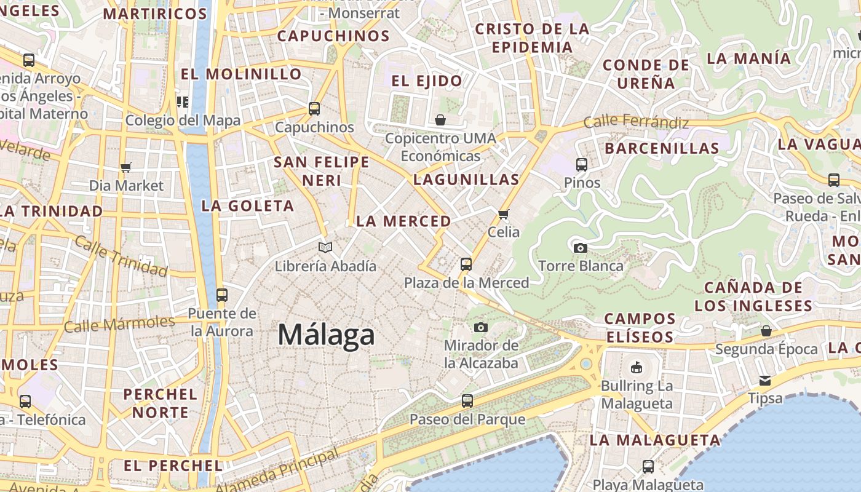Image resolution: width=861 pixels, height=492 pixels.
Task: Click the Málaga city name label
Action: pos(326,335)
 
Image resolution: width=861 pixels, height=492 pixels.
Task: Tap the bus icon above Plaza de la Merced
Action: pos(466,264)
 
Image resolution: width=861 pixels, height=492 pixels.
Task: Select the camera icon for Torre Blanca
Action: pos(580,248)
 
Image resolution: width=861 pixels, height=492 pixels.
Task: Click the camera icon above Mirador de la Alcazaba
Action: pos(481,327)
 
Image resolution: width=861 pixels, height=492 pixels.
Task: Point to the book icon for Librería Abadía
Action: pos(325,247)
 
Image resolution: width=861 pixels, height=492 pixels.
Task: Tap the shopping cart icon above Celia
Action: pos(504,214)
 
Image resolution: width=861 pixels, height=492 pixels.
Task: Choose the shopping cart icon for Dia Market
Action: pos(126,167)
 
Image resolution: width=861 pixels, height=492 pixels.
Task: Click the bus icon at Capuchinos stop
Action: pos(314,109)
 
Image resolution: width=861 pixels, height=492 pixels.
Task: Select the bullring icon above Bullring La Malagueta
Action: pos(637,368)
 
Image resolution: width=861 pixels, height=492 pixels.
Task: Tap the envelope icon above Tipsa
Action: pos(765,380)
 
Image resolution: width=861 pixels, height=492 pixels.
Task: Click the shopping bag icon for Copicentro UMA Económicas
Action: pos(440,119)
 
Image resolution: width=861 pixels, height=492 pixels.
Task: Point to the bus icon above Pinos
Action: pos(582,164)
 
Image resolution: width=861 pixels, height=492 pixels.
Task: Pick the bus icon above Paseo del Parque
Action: pos(467,401)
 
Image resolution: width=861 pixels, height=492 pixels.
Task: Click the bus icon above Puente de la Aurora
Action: pos(222,295)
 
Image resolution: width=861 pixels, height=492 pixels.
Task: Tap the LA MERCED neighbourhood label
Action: pos(403,221)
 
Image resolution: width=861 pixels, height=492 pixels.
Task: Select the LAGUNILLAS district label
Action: pos(466,180)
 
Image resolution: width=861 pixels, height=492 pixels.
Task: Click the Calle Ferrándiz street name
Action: pos(636,122)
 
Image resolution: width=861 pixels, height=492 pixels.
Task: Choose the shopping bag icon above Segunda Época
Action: pos(766,331)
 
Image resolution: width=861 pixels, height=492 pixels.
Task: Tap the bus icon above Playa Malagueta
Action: pos(648,466)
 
